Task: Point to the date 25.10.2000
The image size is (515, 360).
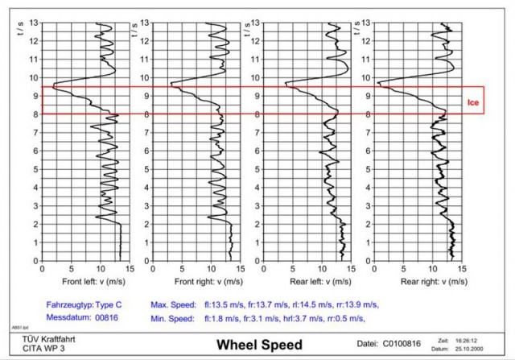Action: point(484,350)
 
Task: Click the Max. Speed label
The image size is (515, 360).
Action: point(172,305)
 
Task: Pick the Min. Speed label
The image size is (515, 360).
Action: point(172,319)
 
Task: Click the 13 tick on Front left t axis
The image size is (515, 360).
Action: point(34,23)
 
